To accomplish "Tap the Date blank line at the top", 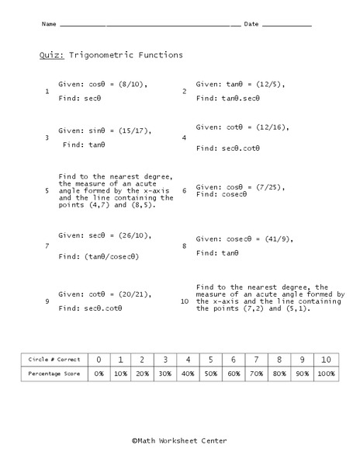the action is pos(287,26).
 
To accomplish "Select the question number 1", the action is pos(48,92).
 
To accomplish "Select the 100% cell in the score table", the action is pos(326,374).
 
